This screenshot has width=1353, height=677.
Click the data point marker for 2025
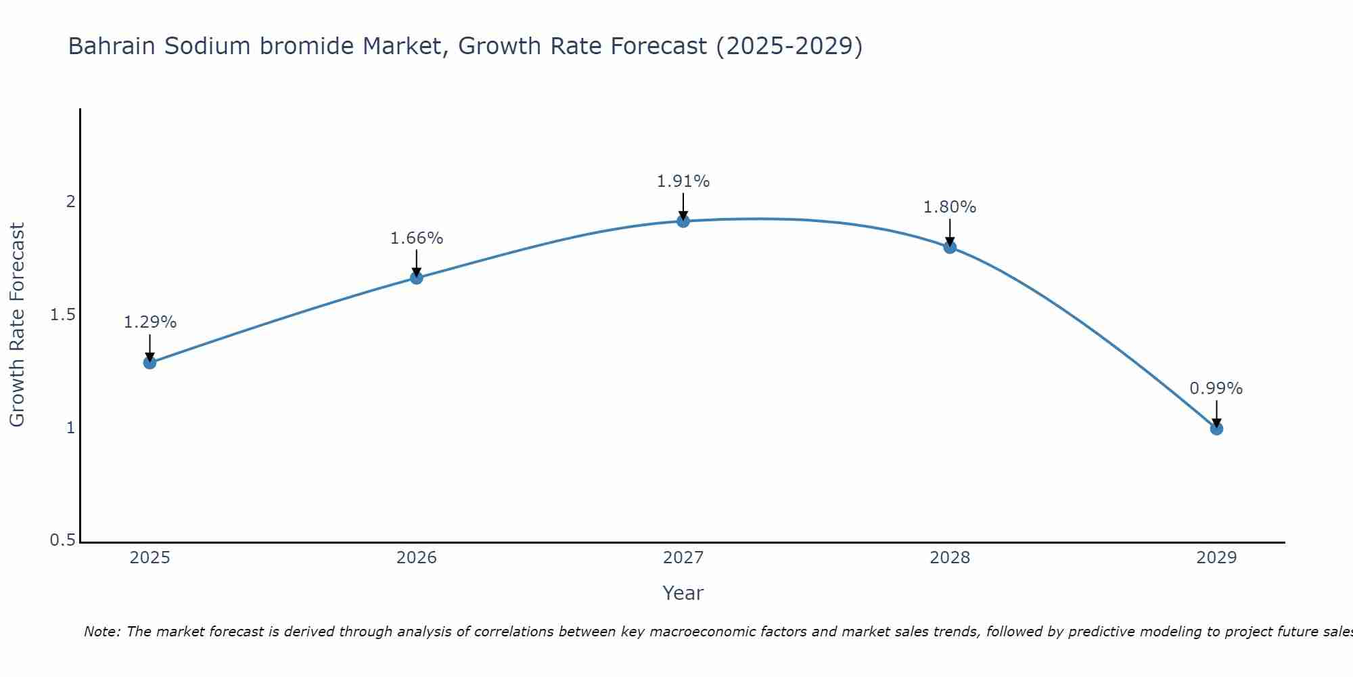tap(150, 362)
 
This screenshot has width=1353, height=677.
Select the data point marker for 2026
tap(416, 278)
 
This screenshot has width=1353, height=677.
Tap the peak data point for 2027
tap(683, 221)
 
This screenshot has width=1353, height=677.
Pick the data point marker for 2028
tap(950, 246)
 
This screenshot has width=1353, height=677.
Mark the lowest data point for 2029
tap(1216, 429)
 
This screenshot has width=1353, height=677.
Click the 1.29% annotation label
tap(150, 322)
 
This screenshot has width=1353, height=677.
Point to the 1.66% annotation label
tap(416, 238)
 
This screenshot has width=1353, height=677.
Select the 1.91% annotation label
tap(683, 181)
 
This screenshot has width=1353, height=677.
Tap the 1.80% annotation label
tap(950, 207)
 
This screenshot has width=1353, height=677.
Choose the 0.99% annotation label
tap(1216, 389)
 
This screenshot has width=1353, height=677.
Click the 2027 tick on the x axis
tap(683, 558)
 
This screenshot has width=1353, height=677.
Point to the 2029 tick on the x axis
tap(1216, 558)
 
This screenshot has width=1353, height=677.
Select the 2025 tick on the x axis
tap(150, 558)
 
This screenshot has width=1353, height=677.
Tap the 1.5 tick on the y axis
tap(62, 315)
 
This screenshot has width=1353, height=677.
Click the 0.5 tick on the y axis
tap(62, 540)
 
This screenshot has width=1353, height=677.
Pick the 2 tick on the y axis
tap(70, 202)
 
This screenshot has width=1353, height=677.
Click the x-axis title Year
tap(683, 593)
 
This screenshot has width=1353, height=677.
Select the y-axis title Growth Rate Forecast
tap(17, 325)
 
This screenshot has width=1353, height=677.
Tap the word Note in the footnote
tap(101, 632)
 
